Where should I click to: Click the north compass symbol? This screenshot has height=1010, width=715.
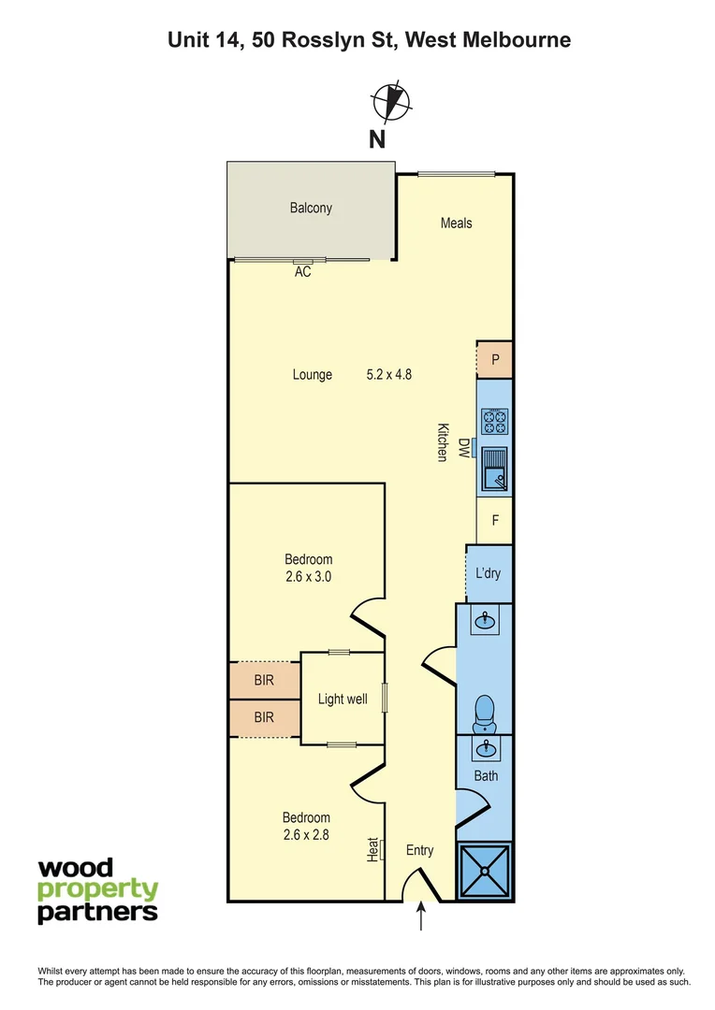click(391, 100)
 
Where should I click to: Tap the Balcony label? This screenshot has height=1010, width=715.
click(311, 208)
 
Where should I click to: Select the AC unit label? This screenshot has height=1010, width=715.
click(302, 272)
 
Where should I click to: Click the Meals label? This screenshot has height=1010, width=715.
click(456, 223)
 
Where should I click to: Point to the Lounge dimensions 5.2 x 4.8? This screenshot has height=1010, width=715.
click(388, 374)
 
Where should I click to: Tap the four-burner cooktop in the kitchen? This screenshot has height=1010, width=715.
click(494, 422)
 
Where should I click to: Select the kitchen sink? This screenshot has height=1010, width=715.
click(494, 469)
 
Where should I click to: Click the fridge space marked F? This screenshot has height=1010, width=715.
click(495, 521)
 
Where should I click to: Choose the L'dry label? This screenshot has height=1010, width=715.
click(488, 572)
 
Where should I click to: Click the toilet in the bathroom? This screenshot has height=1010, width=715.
click(485, 713)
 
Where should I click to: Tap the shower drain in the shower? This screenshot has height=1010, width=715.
click(485, 872)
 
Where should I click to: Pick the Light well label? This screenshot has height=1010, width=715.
click(343, 699)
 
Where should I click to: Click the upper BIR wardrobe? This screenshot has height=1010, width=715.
click(264, 680)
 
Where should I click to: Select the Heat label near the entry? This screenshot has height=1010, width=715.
click(372, 849)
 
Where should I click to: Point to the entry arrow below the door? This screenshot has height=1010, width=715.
click(420, 917)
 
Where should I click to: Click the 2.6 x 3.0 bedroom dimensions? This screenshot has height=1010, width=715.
click(308, 577)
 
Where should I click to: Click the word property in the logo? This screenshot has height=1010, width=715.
click(97, 889)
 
